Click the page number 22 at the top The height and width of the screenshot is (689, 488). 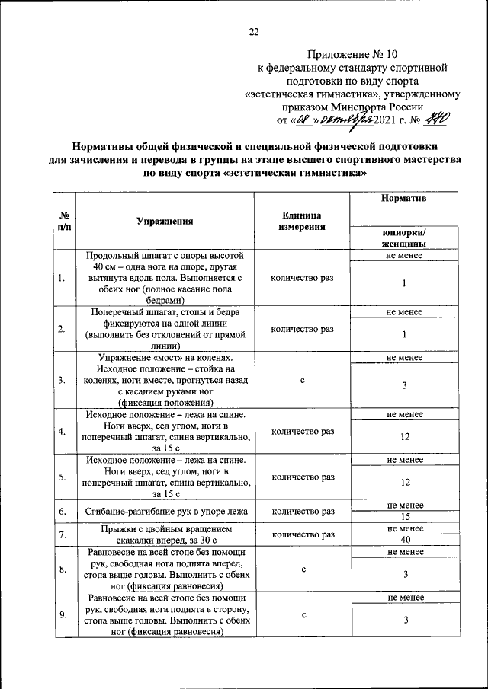point(254,31)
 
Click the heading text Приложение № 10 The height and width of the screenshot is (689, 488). point(352,54)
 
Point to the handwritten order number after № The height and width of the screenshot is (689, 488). point(438,119)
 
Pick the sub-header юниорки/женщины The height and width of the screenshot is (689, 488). point(403,238)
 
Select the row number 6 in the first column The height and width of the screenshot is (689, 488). point(60,511)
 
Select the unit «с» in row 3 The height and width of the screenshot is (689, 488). point(302,380)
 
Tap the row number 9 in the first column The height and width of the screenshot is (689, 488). point(60,615)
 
